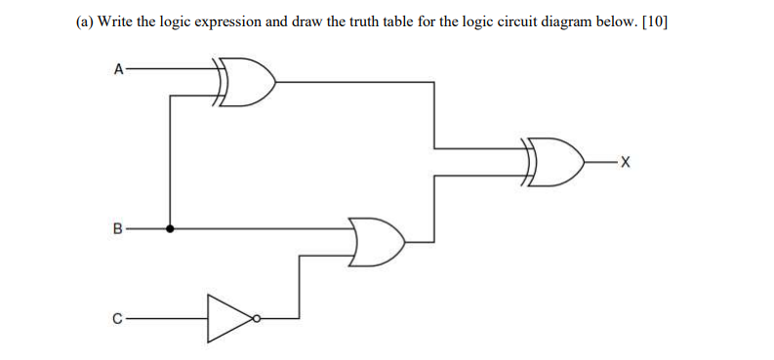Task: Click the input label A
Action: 118,69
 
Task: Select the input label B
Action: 118,230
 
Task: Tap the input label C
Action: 118,317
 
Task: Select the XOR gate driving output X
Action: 557,162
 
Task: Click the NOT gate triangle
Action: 228,317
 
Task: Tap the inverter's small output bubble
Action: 256,317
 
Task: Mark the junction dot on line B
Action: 172,230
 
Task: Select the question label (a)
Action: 85,20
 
